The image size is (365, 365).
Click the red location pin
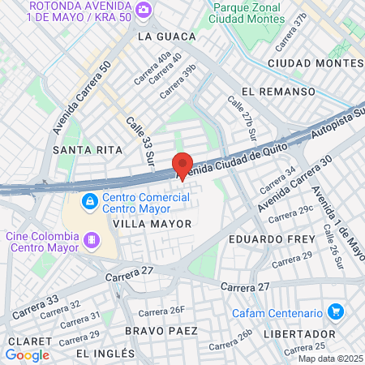tap(182, 165)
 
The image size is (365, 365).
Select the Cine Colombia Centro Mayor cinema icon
tap(93, 239)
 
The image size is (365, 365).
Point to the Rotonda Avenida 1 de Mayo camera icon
tap(144, 10)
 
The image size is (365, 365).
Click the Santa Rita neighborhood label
tap(88, 150)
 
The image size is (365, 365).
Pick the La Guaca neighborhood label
tap(168, 36)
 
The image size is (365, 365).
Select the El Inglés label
tap(105, 354)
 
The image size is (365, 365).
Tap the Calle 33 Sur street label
tap(140, 142)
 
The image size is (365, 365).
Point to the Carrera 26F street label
tap(162, 311)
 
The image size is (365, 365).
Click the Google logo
tap(28, 354)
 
